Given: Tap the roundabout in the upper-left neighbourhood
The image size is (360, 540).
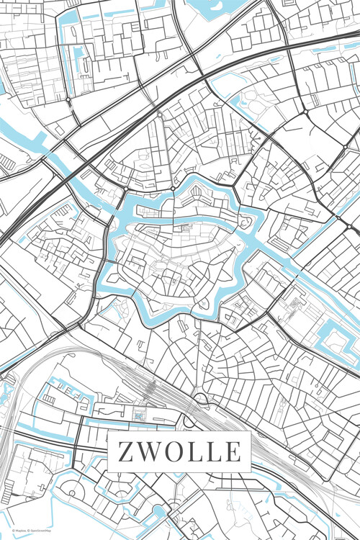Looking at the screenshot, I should pos(67,99).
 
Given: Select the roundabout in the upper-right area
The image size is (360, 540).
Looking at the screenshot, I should pos(305,112).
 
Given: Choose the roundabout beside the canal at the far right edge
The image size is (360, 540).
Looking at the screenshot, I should pos(338,217).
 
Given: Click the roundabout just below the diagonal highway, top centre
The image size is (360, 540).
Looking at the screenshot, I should pos(160,114).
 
